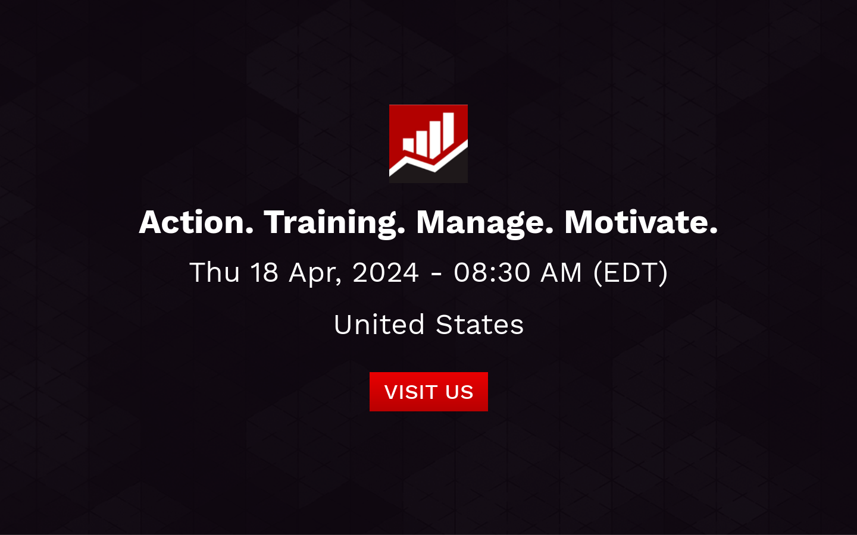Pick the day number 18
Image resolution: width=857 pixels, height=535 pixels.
click(x=264, y=273)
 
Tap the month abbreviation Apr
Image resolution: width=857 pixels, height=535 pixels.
click(x=314, y=273)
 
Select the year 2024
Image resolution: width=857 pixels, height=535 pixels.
click(x=386, y=273)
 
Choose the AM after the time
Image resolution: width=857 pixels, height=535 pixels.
click(x=561, y=273)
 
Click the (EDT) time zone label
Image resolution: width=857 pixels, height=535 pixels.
click(x=630, y=273)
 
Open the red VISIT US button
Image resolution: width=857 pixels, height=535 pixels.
click(x=428, y=392)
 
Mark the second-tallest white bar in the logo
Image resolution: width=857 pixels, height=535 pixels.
click(x=435, y=139)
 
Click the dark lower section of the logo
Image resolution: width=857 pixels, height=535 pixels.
click(x=440, y=176)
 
